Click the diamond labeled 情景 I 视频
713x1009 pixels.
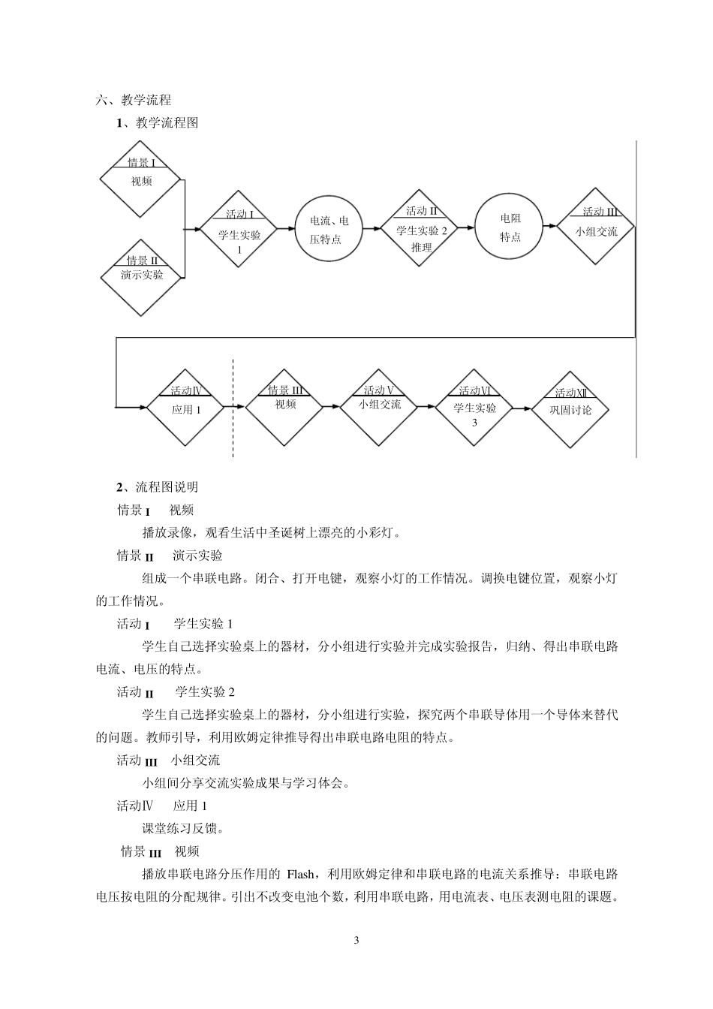pyautogui.click(x=140, y=179)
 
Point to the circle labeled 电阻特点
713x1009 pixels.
pyautogui.click(x=510, y=227)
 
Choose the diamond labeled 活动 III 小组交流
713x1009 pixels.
pyautogui.click(x=596, y=226)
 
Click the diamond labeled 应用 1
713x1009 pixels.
pyautogui.click(x=186, y=408)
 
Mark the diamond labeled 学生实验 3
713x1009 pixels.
pyautogui.click(x=474, y=408)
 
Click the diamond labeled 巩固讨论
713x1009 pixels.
pyautogui.click(x=570, y=409)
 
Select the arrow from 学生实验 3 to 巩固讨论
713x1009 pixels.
pyautogui.click(x=522, y=408)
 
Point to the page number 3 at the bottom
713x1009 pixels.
pyautogui.click(x=356, y=941)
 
